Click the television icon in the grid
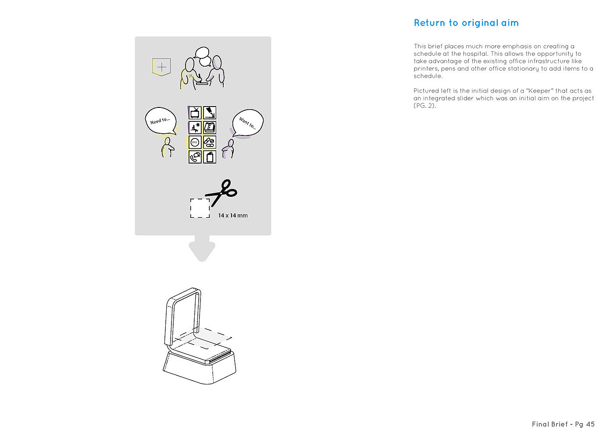point(195,113)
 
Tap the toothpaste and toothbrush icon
point(210,113)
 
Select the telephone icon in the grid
point(195,157)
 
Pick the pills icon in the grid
point(210,142)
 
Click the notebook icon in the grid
point(210,157)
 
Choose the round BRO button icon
point(195,142)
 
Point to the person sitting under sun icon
point(195,128)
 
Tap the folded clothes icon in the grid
point(210,128)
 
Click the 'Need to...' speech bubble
point(161,121)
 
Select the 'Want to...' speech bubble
point(248,123)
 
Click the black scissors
point(221,192)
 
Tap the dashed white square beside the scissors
point(200,208)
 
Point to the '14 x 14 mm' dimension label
point(233,216)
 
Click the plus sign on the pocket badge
point(162,67)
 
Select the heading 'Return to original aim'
point(466,23)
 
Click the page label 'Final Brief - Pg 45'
point(563,424)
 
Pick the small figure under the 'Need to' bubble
point(168,147)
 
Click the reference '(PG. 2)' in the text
point(425,106)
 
